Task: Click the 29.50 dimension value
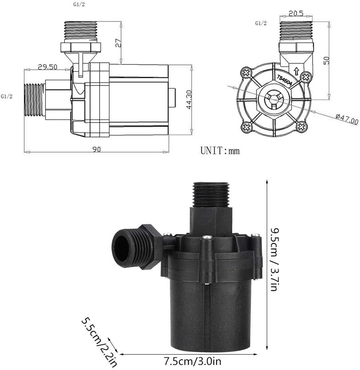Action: click(x=47, y=67)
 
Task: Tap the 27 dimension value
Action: click(x=118, y=43)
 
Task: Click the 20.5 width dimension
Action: click(x=296, y=13)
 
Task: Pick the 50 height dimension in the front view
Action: click(x=326, y=60)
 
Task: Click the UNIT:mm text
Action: click(x=220, y=151)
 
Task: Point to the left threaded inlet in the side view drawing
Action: click(x=34, y=100)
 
